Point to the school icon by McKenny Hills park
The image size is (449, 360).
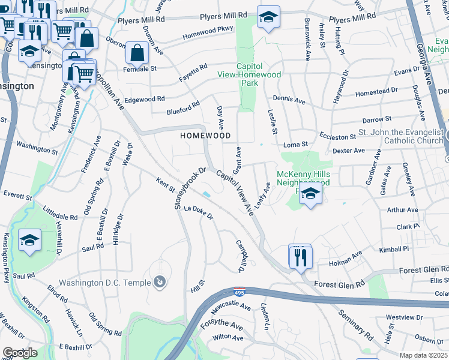[x=310, y=194]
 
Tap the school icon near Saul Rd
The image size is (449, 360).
[x=29, y=241]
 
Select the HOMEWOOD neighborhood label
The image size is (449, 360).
[x=206, y=136]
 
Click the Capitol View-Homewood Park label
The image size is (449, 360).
[x=258, y=74]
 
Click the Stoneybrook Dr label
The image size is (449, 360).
[x=190, y=188]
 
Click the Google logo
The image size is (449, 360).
[x=20, y=353]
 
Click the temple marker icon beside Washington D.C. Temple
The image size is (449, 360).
[x=159, y=281]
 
